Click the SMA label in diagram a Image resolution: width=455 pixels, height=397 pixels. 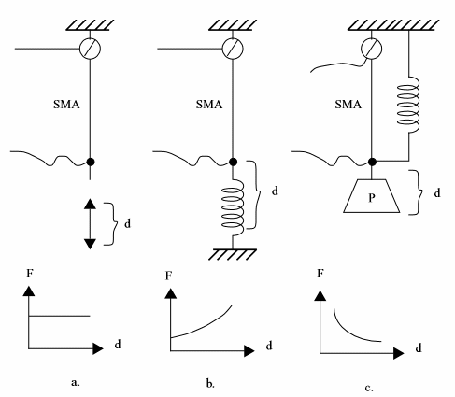(x=66, y=104)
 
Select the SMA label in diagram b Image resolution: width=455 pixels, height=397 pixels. (x=209, y=104)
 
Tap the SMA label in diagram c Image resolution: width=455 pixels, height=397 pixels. (x=348, y=104)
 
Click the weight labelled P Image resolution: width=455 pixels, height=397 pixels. (x=372, y=196)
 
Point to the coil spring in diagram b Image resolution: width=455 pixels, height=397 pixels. (x=233, y=206)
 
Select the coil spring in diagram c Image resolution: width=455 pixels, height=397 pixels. (x=408, y=105)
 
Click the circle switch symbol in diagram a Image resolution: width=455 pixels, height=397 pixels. (x=90, y=49)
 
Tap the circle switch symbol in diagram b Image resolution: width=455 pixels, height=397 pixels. (x=233, y=49)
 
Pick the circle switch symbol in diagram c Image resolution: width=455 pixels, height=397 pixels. (x=371, y=49)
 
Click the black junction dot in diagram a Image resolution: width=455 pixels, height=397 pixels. (x=91, y=162)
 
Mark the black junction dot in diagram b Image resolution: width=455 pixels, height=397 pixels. (x=233, y=162)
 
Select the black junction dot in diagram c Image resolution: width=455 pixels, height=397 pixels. (x=372, y=162)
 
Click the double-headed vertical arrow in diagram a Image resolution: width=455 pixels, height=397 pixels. (x=90, y=223)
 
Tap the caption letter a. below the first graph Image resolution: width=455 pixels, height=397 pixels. (x=76, y=382)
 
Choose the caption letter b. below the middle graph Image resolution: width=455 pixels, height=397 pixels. (x=210, y=384)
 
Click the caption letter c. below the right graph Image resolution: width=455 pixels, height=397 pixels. (x=369, y=388)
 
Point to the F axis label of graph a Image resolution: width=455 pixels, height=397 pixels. (x=30, y=274)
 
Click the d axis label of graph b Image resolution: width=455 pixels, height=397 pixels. (x=269, y=346)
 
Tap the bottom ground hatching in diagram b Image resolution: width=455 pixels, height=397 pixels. (x=233, y=254)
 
